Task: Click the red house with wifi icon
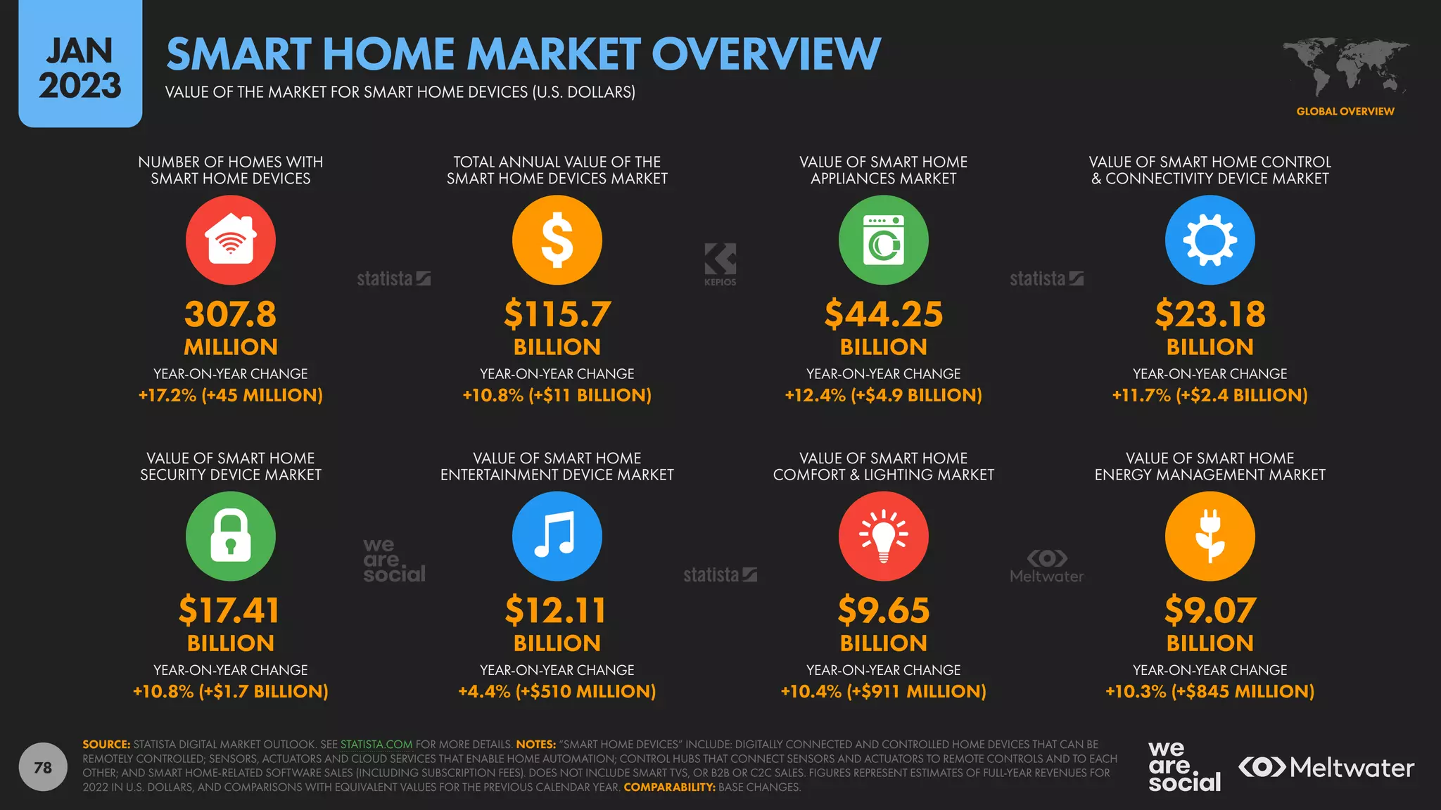[x=231, y=240]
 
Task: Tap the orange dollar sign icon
[x=557, y=240]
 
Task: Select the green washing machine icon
[x=883, y=240]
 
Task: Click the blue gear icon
[x=1210, y=240]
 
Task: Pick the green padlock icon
[x=231, y=536]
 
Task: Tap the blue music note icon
[x=557, y=536]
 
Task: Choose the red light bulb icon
[x=883, y=536]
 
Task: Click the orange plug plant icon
[x=1210, y=536]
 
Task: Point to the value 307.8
[x=231, y=314]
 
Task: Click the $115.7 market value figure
[x=557, y=314]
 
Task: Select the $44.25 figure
[x=883, y=314]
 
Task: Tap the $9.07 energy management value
[x=1210, y=610]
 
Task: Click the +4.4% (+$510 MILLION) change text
[x=557, y=691]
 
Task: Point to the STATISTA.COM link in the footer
[x=376, y=744]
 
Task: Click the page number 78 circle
[x=43, y=767]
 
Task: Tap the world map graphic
[x=1345, y=67]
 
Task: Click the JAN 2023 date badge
[x=80, y=67]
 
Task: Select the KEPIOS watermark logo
[x=720, y=264]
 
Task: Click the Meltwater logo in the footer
[x=1326, y=767]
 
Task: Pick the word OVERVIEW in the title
[x=766, y=54]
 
